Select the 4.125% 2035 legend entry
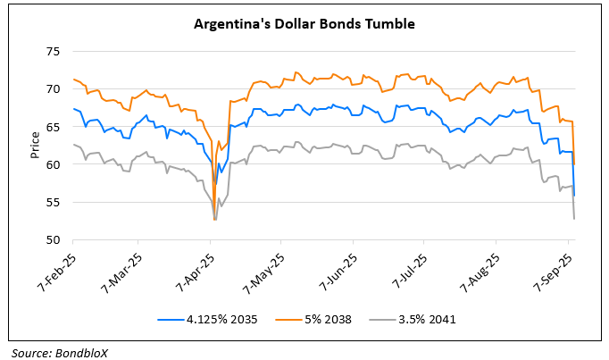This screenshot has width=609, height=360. click(x=214, y=317)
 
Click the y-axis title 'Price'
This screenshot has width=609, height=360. click(x=35, y=146)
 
